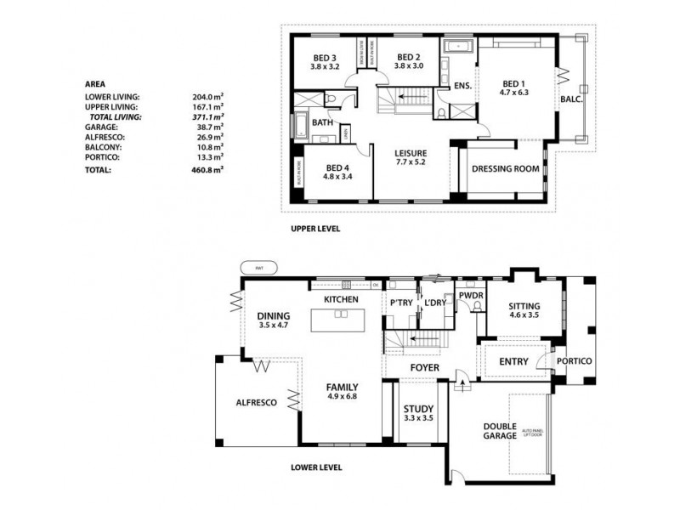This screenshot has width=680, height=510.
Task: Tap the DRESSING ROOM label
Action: point(506,168)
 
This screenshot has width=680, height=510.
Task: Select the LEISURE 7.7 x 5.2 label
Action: point(410,159)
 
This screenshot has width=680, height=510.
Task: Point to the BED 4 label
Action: point(337,173)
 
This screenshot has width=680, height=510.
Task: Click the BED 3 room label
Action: point(325,61)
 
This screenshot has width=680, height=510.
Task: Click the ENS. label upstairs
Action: point(462,86)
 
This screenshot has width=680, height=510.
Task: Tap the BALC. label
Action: point(571,99)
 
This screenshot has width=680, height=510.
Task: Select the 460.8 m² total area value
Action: point(207,170)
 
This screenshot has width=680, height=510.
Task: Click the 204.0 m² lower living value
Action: point(207,97)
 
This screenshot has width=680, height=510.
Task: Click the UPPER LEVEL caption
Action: point(315,229)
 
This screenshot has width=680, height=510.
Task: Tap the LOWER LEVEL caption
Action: point(316,467)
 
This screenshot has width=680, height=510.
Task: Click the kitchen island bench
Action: point(340,320)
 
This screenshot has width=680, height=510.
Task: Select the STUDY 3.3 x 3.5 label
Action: point(418,414)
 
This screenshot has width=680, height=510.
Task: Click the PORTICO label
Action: point(574,360)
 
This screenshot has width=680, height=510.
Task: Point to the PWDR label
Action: point(470,296)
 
